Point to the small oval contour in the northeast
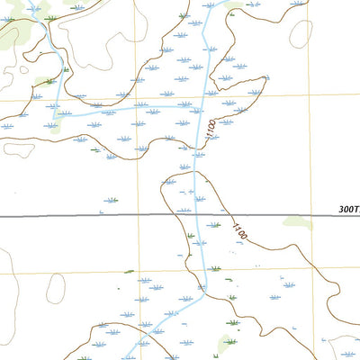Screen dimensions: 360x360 pos(301,33)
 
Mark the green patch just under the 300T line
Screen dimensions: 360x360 pos(297,223)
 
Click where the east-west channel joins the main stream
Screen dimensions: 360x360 pos(200,106)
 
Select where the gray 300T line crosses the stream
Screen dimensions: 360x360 pos(196,217)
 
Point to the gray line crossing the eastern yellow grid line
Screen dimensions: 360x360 pos(311,217)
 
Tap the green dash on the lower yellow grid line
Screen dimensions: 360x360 pos(129,271)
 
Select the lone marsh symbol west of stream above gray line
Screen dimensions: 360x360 pos(112,199)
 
